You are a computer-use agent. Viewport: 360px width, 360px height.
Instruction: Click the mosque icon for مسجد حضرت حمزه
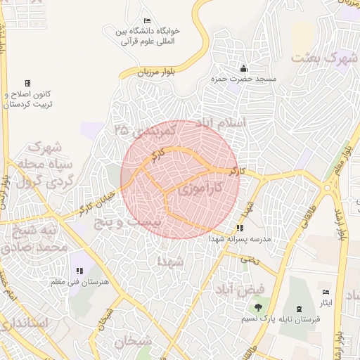coord(243,68)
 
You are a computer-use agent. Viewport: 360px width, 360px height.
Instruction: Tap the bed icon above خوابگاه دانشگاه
coord(146,20)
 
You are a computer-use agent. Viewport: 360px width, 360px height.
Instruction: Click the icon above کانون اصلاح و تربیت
coord(27,83)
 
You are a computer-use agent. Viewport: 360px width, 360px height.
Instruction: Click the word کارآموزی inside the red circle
coord(198,188)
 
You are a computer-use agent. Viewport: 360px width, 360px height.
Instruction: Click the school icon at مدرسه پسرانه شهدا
coord(240,228)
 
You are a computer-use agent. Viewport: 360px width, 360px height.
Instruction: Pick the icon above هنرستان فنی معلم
coord(77,271)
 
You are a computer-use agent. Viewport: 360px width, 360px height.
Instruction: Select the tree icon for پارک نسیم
coord(259,307)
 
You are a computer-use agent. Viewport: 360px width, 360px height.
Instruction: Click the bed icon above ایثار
coord(325,292)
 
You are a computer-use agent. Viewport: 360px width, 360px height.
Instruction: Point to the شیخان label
coord(134,342)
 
